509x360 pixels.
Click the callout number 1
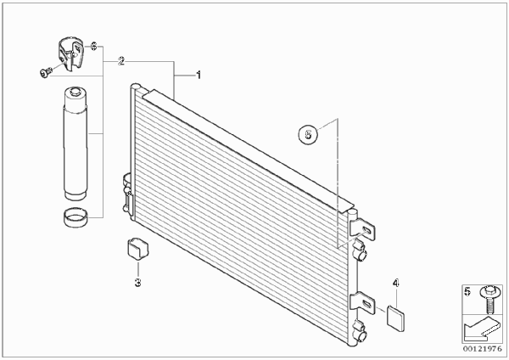coord(199,76)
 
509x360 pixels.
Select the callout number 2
coord(121,61)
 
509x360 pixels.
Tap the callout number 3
coord(138,283)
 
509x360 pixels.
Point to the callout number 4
coord(395,284)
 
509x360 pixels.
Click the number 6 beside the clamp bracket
coord(93,47)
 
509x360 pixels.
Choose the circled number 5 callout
coord(308,133)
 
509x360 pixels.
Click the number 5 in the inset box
coord(467,291)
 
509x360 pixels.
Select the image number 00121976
coord(483,349)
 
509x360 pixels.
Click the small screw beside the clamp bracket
coord(46,72)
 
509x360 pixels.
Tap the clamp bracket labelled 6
coord(70,54)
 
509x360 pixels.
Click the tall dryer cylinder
coord(75,143)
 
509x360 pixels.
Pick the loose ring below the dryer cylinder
coord(76,217)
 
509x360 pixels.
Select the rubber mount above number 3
coord(137,250)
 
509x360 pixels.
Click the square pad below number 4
coord(396,318)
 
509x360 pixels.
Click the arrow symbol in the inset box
coord(481,329)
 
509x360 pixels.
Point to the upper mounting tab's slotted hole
coord(366,230)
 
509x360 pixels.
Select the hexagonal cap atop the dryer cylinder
coord(75,92)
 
